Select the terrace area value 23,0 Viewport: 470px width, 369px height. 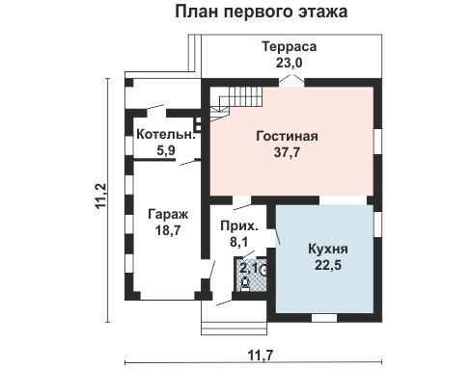click(288, 64)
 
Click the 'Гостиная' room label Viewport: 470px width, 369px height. click(287, 136)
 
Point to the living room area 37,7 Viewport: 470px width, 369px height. click(287, 152)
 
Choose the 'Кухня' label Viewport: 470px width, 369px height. click(328, 249)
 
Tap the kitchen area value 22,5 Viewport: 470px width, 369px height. click(328, 266)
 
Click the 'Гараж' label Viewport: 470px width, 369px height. click(168, 214)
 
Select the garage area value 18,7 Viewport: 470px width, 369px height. click(168, 231)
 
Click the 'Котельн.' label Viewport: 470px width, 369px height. click(165, 135)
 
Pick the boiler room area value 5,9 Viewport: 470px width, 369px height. click(165, 150)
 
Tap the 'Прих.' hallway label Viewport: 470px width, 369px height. click(236, 224)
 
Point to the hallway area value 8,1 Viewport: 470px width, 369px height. click(236, 241)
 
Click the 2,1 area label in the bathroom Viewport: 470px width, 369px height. click(247, 267)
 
